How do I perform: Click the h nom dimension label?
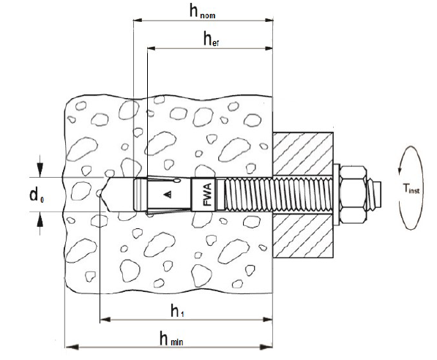(x=202, y=12)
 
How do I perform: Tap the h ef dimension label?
(x=211, y=39)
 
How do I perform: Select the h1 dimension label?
(x=177, y=311)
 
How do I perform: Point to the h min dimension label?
(x=171, y=338)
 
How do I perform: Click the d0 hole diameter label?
(x=37, y=195)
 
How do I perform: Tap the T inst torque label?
(x=411, y=189)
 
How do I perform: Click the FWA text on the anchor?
(x=208, y=195)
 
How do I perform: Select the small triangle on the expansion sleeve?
(x=168, y=194)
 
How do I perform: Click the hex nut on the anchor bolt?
(x=353, y=195)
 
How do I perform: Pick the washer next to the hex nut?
(x=337, y=195)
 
